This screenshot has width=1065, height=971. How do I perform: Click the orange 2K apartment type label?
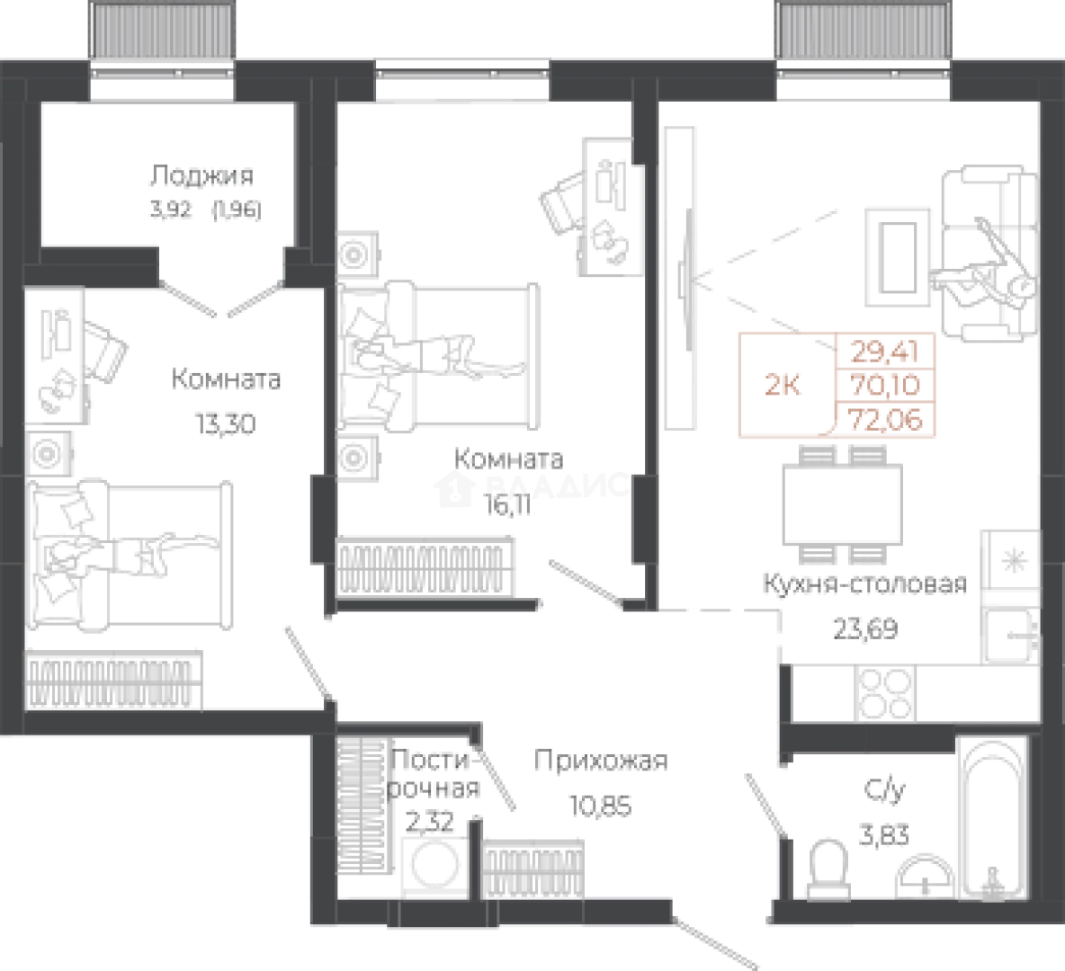click(x=783, y=385)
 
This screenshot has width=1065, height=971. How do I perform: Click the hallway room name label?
click(x=601, y=764)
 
